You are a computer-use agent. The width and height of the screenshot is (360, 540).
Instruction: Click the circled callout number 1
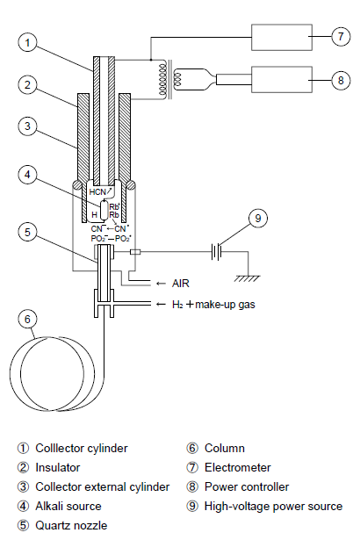(x=27, y=42)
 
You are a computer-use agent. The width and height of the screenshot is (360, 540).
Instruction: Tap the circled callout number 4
(x=27, y=175)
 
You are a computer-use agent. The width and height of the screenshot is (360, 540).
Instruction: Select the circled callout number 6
(x=27, y=320)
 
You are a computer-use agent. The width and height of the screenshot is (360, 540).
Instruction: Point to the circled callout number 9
(x=258, y=218)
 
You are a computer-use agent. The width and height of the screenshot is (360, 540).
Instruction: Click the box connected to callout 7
(x=282, y=37)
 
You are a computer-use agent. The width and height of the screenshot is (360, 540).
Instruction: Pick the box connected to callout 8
(x=282, y=80)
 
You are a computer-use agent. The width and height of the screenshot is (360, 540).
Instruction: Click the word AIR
(x=181, y=284)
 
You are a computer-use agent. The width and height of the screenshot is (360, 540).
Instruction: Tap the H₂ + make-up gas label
(x=213, y=305)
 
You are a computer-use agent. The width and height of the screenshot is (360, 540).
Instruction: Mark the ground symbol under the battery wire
(x=248, y=278)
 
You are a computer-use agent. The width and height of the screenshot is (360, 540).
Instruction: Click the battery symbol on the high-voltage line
(x=216, y=252)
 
